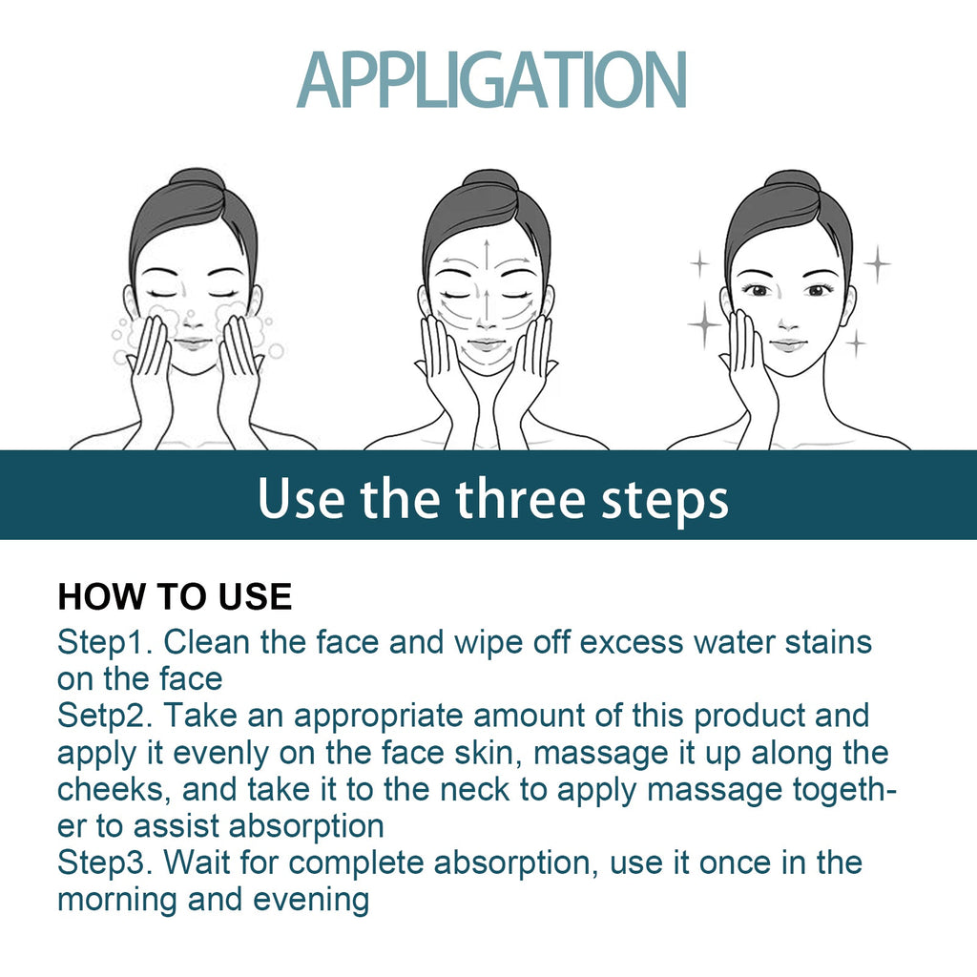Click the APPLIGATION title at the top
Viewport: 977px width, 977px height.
[x=491, y=80]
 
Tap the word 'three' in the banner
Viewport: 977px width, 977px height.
[x=520, y=498]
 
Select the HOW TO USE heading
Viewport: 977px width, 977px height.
[x=175, y=596]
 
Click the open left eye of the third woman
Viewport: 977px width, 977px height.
[x=759, y=290]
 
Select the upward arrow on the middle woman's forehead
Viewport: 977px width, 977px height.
[x=487, y=256]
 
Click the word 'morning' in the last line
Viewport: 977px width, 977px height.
[x=117, y=901]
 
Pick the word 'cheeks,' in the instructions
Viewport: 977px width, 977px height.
[x=114, y=789]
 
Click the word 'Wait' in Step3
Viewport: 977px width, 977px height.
[x=197, y=863]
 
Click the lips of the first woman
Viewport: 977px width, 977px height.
[x=193, y=343]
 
